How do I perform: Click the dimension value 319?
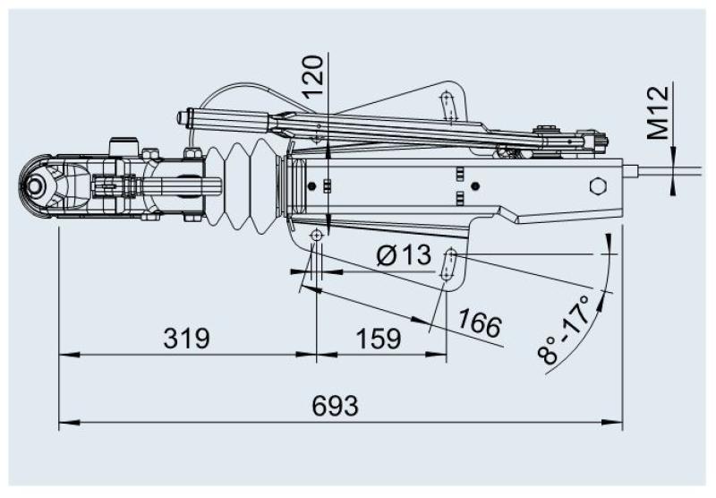pyautogui.click(x=186, y=339)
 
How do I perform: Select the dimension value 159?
pyautogui.click(x=379, y=339)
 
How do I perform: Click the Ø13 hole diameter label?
pyautogui.click(x=403, y=257)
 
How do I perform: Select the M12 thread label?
pyautogui.click(x=660, y=114)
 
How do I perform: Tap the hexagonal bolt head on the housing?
pyautogui.click(x=599, y=187)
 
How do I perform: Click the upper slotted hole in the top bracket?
pyautogui.click(x=447, y=103)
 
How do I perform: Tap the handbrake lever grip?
pyautogui.click(x=224, y=118)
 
